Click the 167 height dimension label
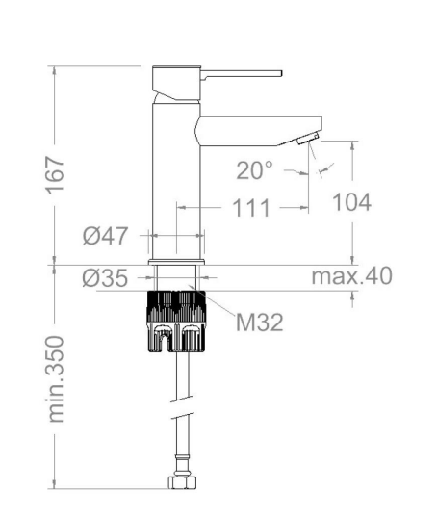tap(54, 175)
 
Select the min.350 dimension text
tap(55, 378)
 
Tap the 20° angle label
tap(254, 170)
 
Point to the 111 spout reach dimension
tap(251, 208)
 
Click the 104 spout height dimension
tap(351, 202)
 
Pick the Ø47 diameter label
tap(105, 236)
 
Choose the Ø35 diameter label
tap(105, 278)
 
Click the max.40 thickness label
tap(351, 275)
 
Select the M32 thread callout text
tap(259, 322)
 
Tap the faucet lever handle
tap(242, 74)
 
